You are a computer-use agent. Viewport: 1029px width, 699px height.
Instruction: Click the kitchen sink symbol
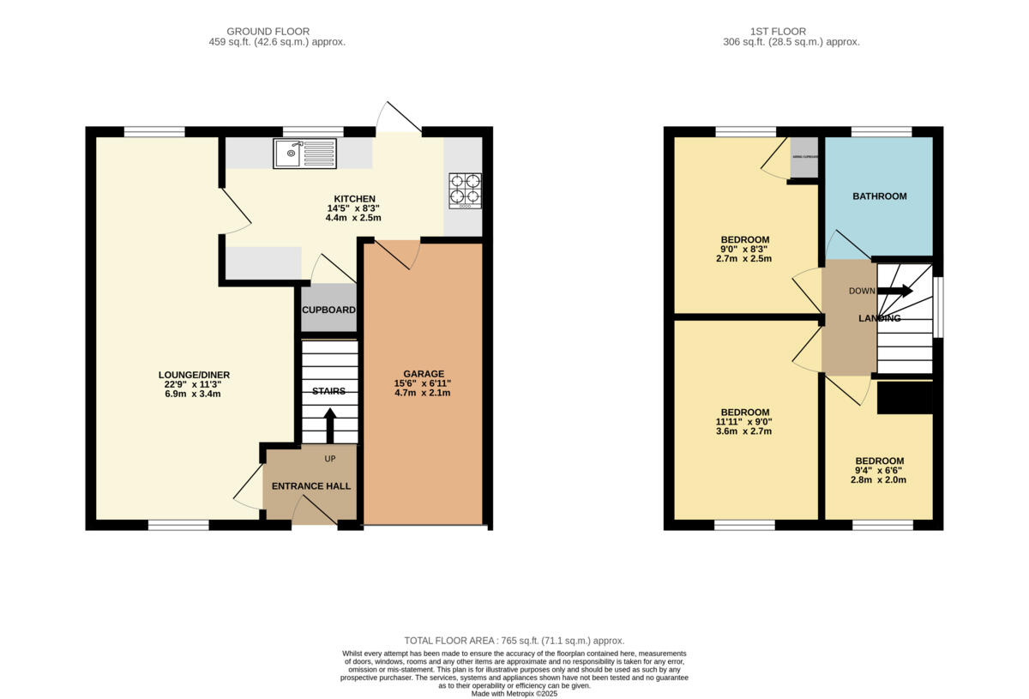click(305, 154)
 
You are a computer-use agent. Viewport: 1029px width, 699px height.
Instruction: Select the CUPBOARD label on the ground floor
click(328, 310)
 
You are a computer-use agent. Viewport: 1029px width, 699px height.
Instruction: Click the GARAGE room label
click(424, 374)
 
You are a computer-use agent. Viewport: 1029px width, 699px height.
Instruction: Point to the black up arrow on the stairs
click(330, 425)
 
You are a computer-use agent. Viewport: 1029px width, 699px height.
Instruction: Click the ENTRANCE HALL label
click(311, 486)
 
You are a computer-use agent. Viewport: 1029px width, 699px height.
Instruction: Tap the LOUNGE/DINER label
click(194, 375)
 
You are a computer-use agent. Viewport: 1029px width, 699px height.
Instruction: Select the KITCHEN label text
click(354, 199)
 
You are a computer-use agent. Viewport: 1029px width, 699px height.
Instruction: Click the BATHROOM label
click(879, 196)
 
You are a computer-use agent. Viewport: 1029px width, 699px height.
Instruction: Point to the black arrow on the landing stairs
click(895, 291)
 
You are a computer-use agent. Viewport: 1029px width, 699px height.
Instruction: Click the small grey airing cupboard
click(803, 158)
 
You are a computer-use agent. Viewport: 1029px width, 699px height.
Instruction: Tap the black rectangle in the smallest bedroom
click(905, 398)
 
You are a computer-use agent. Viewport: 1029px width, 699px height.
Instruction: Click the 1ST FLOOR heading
click(791, 32)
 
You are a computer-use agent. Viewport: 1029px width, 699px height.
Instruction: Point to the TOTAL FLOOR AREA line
click(514, 641)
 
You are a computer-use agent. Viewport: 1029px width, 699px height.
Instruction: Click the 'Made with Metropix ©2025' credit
click(514, 694)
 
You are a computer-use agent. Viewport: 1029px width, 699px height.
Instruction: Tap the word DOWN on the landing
click(862, 291)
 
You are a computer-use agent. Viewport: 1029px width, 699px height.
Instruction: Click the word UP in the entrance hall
click(330, 459)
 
